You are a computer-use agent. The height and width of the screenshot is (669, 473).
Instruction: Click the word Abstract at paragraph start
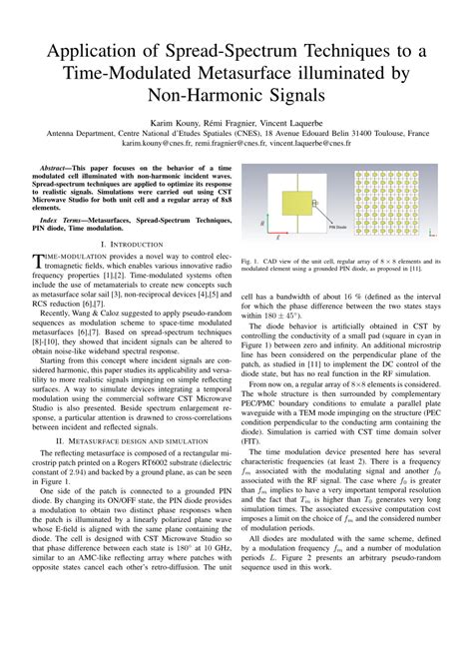61,170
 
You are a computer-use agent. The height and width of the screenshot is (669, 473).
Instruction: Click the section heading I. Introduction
130,244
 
